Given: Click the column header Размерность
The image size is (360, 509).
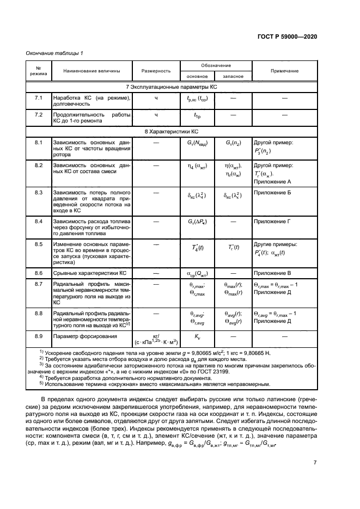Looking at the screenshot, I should click(156, 71).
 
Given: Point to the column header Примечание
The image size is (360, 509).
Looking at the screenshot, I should click(284, 71).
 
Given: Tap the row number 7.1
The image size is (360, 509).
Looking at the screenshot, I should click(38, 97).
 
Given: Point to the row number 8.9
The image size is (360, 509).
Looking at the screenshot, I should click(38, 336).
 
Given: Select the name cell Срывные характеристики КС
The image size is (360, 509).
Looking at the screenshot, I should click(89, 272).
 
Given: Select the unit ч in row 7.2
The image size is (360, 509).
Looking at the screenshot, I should click(156, 115).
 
